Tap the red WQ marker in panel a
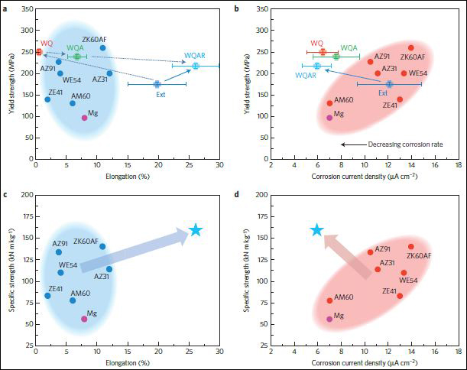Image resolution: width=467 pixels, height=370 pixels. click(39, 52)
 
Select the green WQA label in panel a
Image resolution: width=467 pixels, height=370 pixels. click(76, 47)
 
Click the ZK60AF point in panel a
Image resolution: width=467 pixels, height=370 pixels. click(102, 47)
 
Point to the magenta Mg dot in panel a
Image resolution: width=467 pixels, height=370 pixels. click(84, 118)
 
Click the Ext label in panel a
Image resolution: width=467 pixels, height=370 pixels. click(161, 96)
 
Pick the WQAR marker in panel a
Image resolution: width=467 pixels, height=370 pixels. click(196, 66)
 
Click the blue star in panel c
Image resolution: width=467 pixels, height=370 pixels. click(195, 230)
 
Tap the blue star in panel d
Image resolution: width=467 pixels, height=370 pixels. click(317, 230)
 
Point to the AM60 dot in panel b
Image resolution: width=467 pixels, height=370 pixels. click(329, 103)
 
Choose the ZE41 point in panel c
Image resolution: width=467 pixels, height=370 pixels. click(47, 295)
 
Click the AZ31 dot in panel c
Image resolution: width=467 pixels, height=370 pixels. click(109, 269)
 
